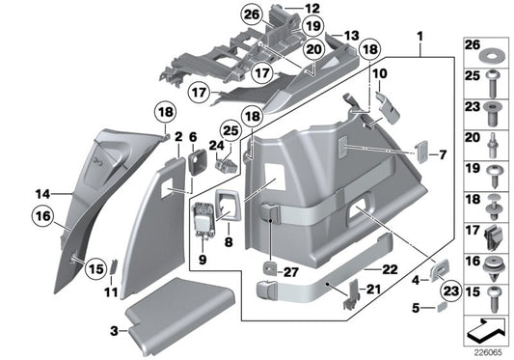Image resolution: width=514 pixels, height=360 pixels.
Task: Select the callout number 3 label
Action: (x=115, y=331)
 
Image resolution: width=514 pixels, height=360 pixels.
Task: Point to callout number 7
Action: (x=444, y=154)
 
